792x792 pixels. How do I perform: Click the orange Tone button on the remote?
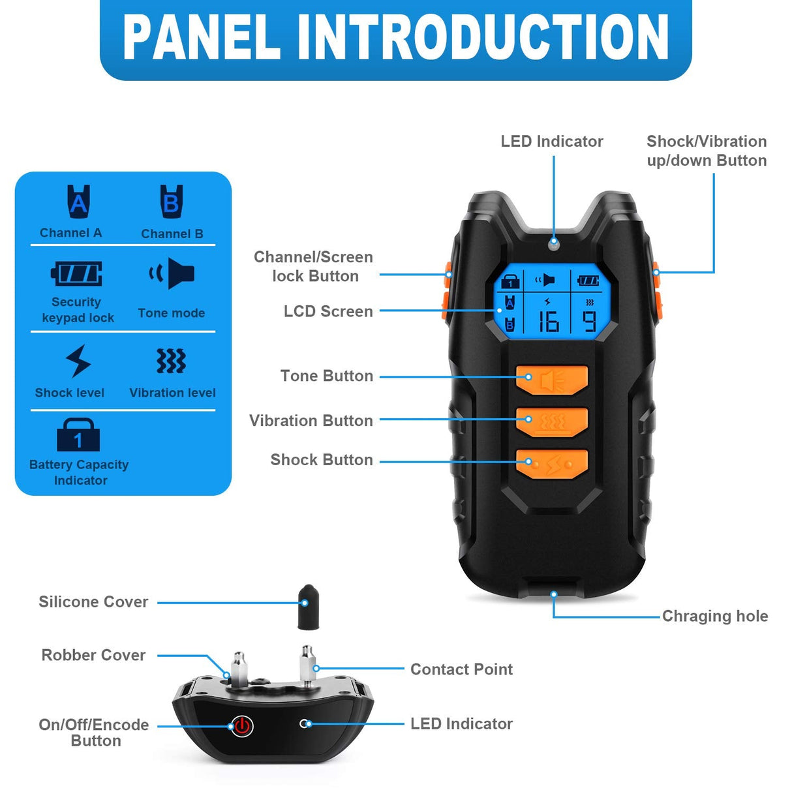coord(552,379)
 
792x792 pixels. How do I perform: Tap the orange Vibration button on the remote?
coord(552,421)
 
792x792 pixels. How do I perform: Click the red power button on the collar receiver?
coord(241,725)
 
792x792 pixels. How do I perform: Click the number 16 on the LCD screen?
coord(548,322)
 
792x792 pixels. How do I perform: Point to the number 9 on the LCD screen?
coord(589,322)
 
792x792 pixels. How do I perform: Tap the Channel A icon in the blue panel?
coord(78,202)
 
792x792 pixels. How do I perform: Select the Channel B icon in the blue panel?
coord(172,202)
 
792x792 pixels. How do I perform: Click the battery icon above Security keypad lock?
coord(77,273)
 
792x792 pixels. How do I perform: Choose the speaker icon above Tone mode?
coord(172,273)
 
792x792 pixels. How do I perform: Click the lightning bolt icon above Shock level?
coord(78,361)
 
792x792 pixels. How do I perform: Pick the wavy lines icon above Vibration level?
coord(171,361)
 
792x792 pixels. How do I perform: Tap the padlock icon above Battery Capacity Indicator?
coord(78,435)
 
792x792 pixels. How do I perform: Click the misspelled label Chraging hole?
coord(714,616)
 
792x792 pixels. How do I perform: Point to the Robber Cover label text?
coord(93,655)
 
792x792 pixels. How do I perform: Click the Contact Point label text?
coord(461,669)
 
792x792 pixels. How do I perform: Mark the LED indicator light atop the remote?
coord(554,243)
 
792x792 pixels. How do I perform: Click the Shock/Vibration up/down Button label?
coord(707,151)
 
